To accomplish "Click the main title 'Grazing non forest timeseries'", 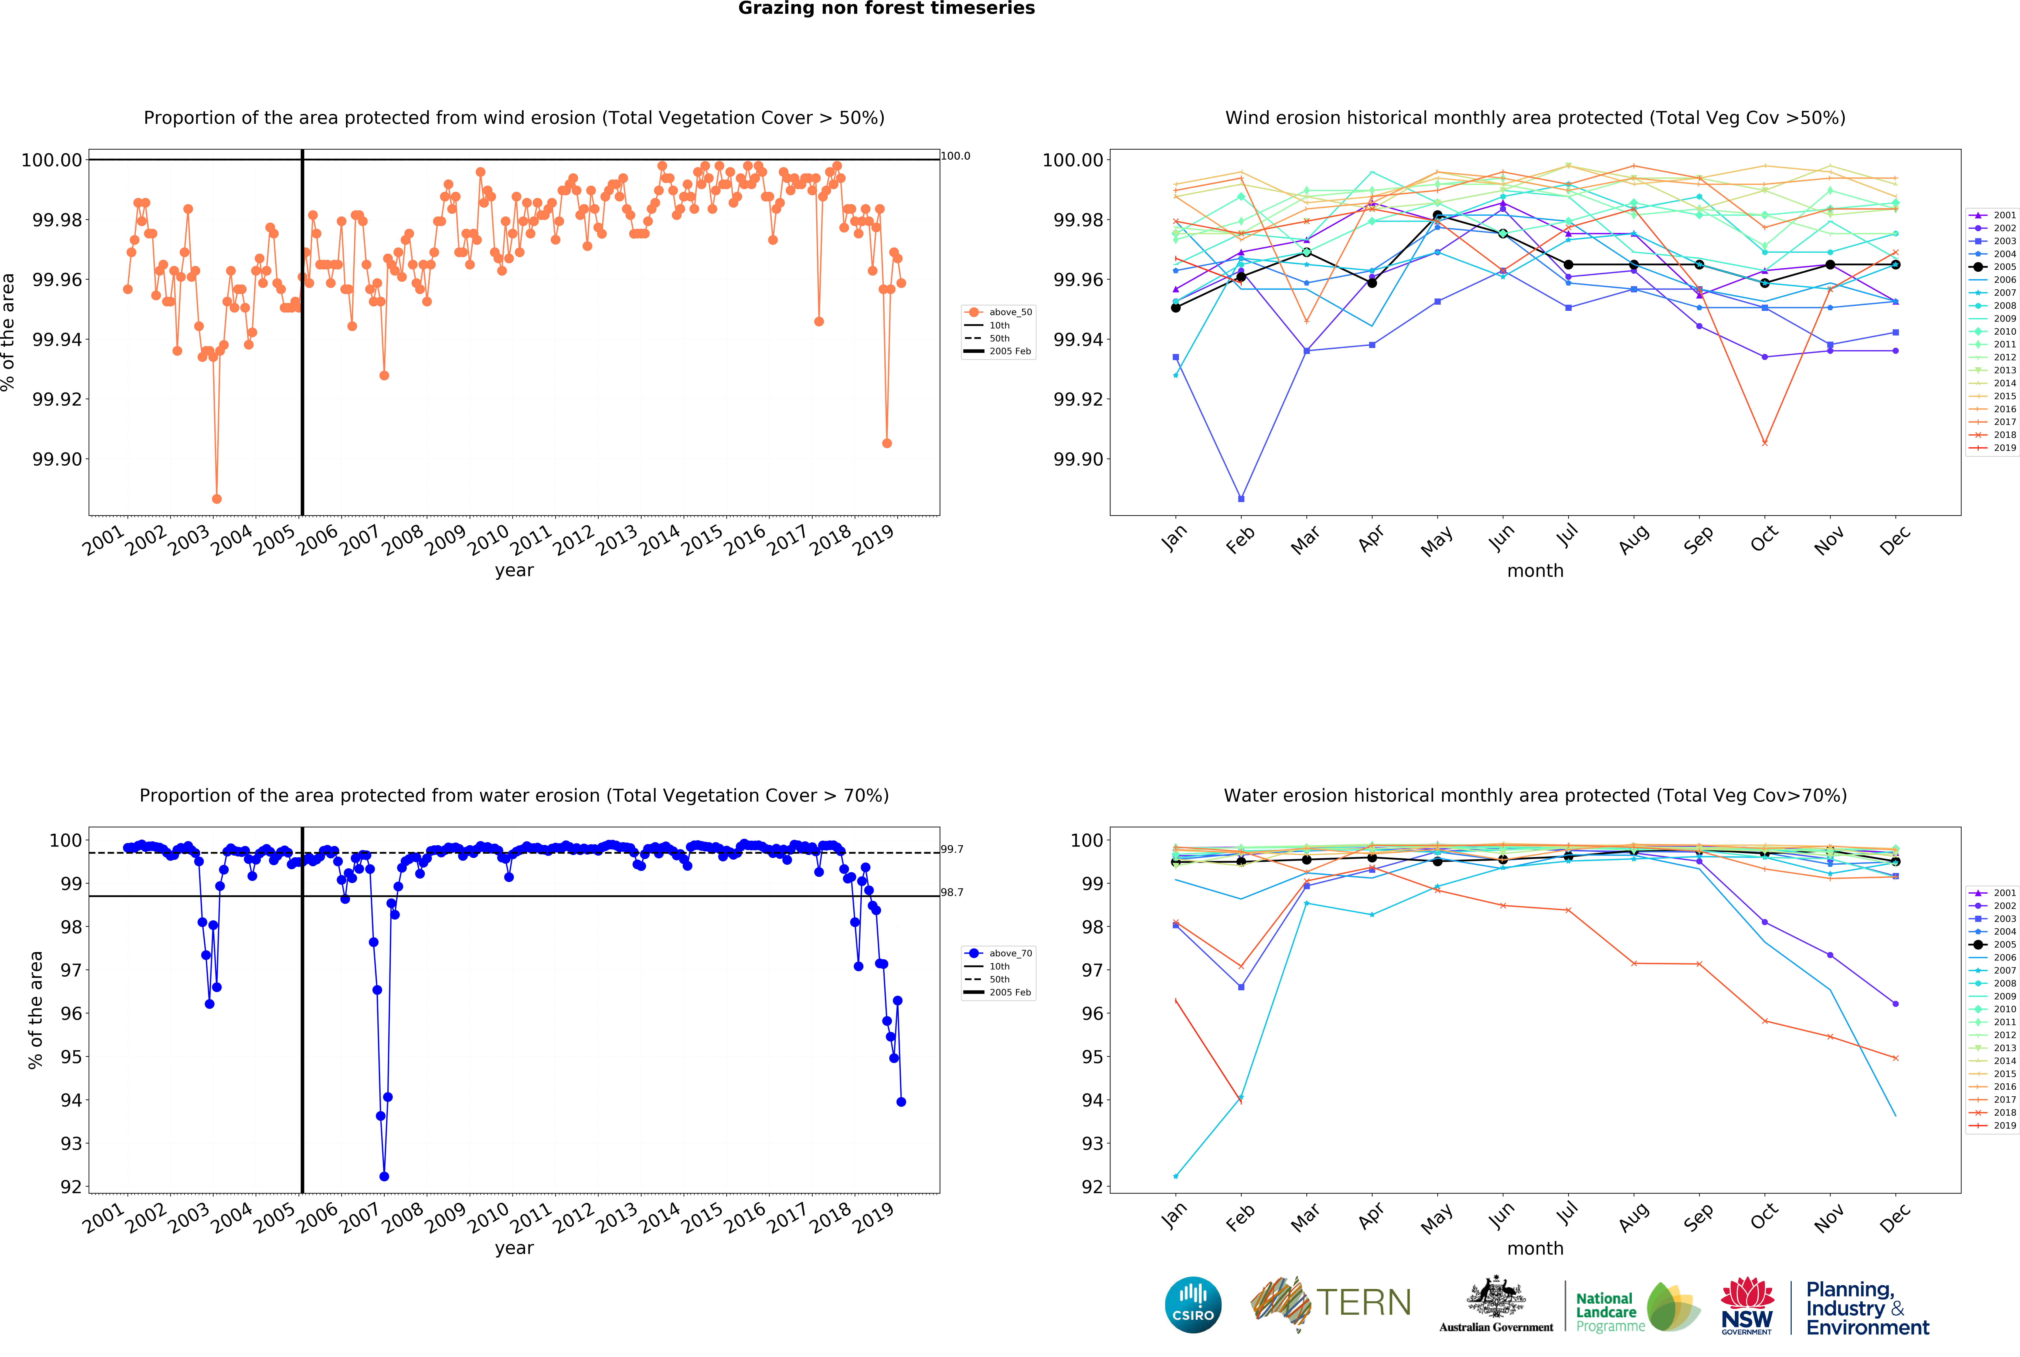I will coord(886,9).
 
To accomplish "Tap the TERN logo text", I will coord(1363,1302).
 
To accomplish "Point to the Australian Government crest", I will coord(1496,1298).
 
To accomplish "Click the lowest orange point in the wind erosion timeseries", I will coord(216,499).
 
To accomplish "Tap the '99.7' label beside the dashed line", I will coord(952,850).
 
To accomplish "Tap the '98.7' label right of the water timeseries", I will coord(952,892).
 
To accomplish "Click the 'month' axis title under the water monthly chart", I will coord(1535,1249).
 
